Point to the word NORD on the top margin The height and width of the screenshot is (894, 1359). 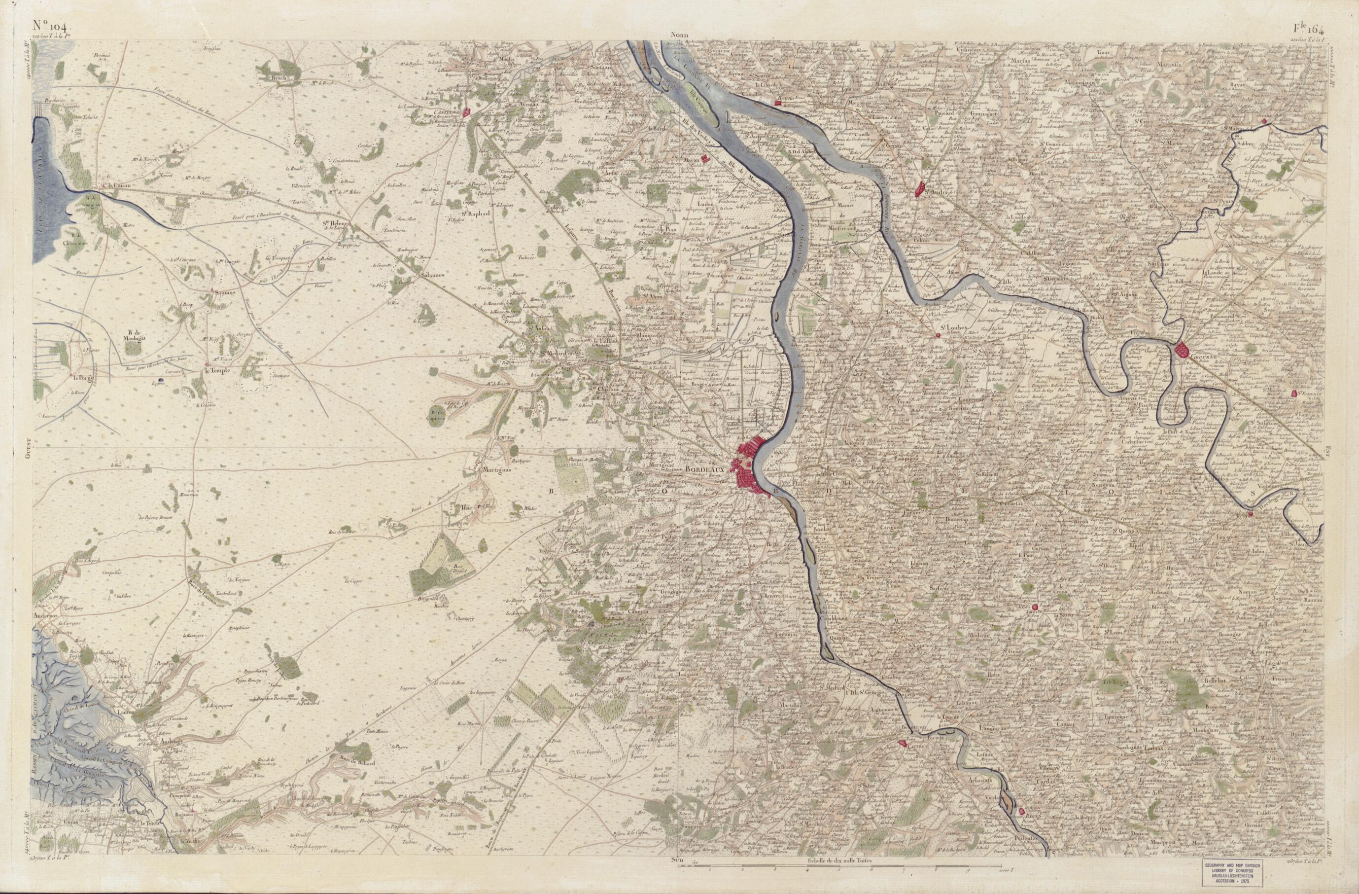(680, 36)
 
